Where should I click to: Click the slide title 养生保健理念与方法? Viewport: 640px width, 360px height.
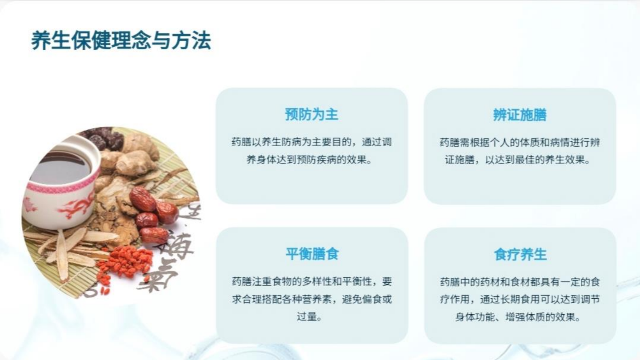click(121, 40)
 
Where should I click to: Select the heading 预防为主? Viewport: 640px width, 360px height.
click(312, 115)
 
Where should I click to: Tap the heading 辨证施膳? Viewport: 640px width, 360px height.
click(520, 115)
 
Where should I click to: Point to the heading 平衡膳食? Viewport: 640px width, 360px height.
click(312, 254)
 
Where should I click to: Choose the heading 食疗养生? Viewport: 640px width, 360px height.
click(520, 254)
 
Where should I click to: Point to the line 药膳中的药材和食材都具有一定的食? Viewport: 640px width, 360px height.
click(520, 282)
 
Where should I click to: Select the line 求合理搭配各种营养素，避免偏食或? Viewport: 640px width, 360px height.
click(312, 299)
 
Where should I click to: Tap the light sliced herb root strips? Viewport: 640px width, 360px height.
click(67, 249)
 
